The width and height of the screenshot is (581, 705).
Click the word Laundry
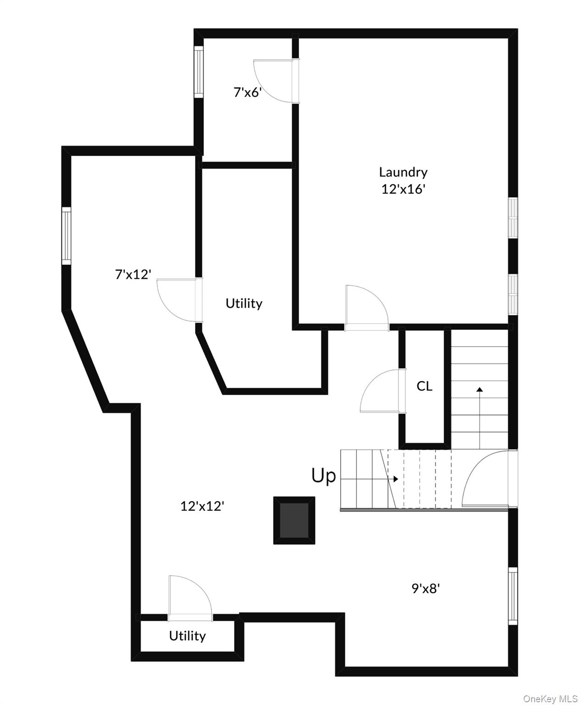click(x=403, y=173)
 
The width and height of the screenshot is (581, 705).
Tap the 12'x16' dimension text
click(x=403, y=189)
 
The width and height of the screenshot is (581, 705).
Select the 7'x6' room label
click(x=247, y=93)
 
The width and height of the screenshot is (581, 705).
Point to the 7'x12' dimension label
click(x=133, y=274)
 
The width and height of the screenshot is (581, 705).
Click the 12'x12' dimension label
click(x=202, y=506)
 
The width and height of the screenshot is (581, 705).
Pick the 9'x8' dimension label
click(x=425, y=588)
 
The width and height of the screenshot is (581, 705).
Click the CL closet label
click(x=424, y=386)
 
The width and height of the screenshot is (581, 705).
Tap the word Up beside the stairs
click(x=324, y=476)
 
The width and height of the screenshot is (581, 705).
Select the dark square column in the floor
click(x=294, y=520)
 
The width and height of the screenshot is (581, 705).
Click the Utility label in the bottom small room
click(x=187, y=636)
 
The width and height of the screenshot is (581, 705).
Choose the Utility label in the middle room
click(x=244, y=303)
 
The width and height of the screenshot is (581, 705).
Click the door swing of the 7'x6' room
click(x=274, y=80)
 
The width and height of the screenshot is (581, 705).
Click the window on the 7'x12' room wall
click(x=67, y=236)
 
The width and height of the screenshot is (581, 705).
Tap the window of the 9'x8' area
click(x=513, y=595)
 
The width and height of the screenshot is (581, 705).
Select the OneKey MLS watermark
click(x=550, y=699)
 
